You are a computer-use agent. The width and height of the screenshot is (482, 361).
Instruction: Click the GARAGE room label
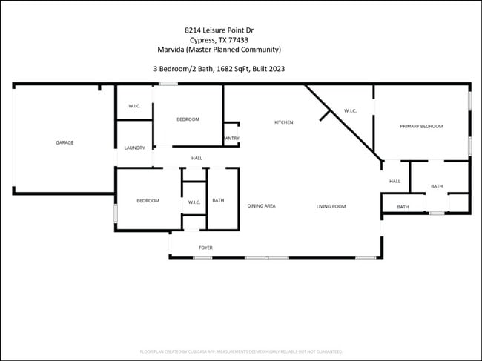click(x=65, y=142)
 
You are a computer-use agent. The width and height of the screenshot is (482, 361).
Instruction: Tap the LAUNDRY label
click(x=134, y=148)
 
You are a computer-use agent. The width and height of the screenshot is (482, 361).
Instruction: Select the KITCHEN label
click(x=284, y=122)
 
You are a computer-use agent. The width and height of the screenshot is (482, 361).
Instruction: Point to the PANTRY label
click(x=231, y=138)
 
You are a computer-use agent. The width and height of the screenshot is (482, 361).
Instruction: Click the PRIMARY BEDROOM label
click(x=421, y=127)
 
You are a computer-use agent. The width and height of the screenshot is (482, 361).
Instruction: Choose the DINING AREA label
click(x=261, y=206)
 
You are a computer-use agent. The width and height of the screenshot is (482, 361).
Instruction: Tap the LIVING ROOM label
click(x=331, y=206)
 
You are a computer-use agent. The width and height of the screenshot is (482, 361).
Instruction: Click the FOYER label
click(x=205, y=248)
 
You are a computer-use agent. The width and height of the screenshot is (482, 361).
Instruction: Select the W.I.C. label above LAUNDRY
click(x=134, y=106)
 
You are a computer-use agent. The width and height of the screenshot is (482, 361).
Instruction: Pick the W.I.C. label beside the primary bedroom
click(x=351, y=111)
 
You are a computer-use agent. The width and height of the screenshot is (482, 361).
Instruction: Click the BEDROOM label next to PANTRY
click(x=187, y=119)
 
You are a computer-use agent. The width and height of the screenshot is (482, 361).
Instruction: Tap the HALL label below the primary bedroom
click(x=394, y=181)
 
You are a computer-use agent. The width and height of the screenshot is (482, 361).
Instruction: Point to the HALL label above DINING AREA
click(x=197, y=158)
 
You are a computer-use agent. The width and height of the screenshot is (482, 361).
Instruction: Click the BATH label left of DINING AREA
click(x=218, y=200)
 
